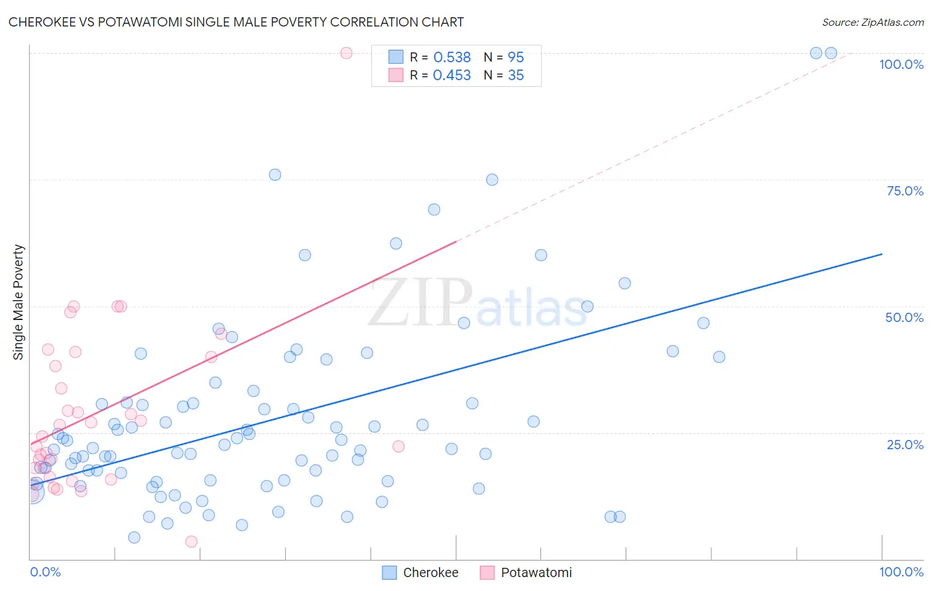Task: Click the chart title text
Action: tap(236, 22)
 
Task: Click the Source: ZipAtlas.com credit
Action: tap(872, 22)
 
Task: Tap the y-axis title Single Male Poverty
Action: tap(19, 302)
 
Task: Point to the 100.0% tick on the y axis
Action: tap(901, 64)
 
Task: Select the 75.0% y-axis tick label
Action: tap(905, 191)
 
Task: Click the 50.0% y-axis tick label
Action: tap(904, 317)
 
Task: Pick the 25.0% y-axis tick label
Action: tap(905, 445)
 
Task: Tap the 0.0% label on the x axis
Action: tap(45, 572)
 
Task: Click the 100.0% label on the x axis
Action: tap(901, 572)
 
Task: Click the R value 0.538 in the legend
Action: tap(451, 58)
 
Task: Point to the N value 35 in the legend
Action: tap(516, 76)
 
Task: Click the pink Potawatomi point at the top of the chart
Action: tap(346, 53)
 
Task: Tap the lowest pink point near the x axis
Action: tap(192, 541)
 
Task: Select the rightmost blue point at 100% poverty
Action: tap(831, 53)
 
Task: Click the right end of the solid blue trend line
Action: tap(881, 254)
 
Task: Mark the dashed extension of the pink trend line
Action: tap(650, 146)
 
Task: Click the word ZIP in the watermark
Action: tap(420, 303)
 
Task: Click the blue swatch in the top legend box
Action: tap(396, 58)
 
